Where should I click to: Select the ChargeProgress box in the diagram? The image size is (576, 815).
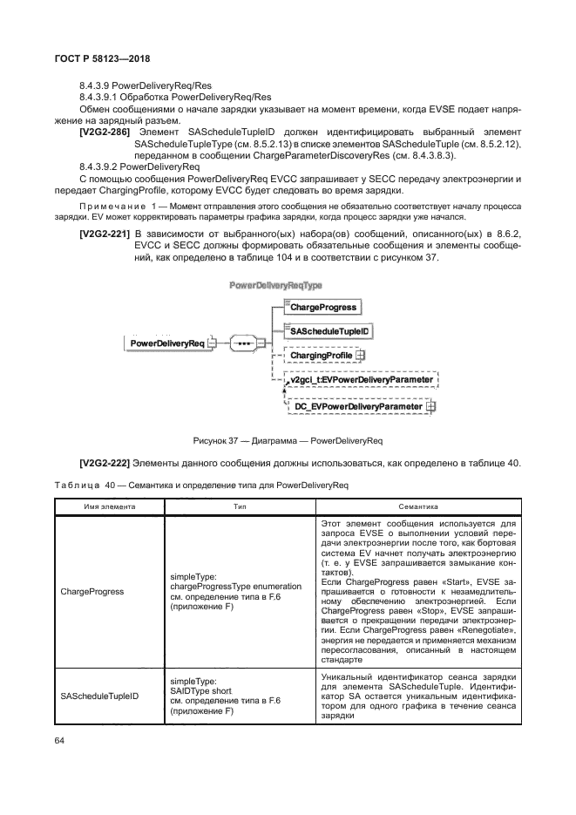click(x=322, y=308)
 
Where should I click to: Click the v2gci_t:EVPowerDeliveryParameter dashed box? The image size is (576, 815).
click(x=360, y=381)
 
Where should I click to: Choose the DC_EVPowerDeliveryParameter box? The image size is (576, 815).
click(x=358, y=407)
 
